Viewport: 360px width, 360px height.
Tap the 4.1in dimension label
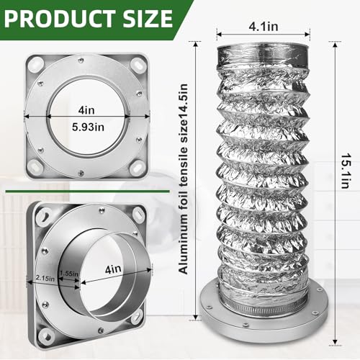[x=264, y=26]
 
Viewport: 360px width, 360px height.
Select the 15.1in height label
[x=346, y=171]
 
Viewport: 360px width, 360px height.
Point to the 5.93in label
[x=88, y=127]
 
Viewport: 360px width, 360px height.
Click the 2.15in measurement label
[x=45, y=278]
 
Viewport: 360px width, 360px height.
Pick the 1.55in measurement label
[x=69, y=274]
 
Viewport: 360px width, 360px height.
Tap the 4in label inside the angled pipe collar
[x=113, y=269]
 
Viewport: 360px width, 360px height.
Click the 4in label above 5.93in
[x=86, y=110]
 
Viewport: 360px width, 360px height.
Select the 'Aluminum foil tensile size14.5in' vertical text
[x=183, y=179]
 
